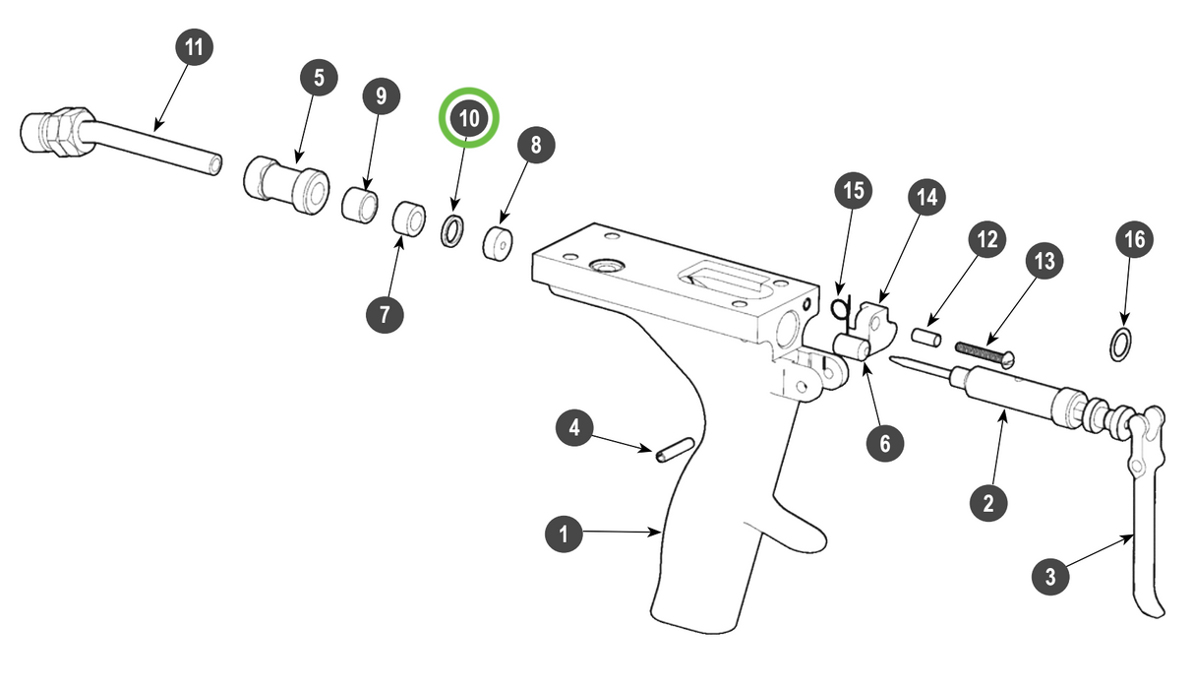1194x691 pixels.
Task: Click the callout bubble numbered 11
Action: pyautogui.click(x=194, y=46)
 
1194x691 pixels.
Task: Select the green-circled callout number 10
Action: pyautogui.click(x=469, y=118)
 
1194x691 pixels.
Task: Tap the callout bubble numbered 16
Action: pyautogui.click(x=1135, y=239)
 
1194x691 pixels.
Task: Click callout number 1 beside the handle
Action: pyautogui.click(x=564, y=534)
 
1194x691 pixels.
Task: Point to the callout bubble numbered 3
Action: pyautogui.click(x=1050, y=577)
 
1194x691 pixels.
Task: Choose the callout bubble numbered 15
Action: pyautogui.click(x=854, y=191)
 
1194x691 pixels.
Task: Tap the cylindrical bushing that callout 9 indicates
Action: pyautogui.click(x=360, y=205)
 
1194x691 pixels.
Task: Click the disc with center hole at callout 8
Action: pyautogui.click(x=500, y=242)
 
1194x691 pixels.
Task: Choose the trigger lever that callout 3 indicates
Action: pyautogui.click(x=1146, y=512)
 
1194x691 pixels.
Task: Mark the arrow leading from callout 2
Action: pyautogui.click(x=996, y=453)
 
